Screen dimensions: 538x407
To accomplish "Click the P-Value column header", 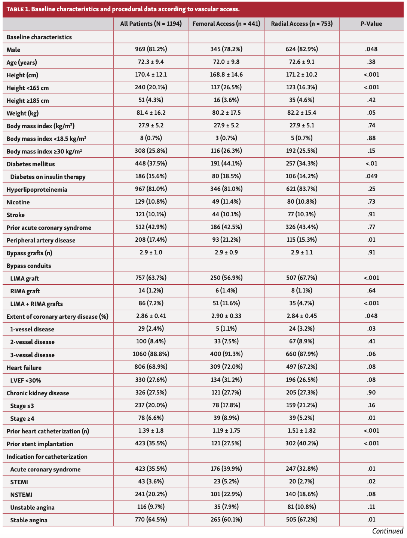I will [x=371, y=24].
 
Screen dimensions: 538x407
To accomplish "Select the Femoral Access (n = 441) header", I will [x=226, y=24].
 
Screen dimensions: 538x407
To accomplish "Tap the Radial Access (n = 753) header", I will [x=302, y=24].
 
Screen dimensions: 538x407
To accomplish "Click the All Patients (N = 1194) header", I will [x=151, y=24].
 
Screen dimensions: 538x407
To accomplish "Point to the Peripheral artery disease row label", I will [x=41, y=240].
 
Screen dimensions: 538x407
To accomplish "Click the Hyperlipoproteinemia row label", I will [x=37, y=189].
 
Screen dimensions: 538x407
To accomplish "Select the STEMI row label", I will [x=19, y=482].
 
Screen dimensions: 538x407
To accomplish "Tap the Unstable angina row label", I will [x=32, y=507].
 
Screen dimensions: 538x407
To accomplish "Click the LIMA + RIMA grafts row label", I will [x=37, y=304].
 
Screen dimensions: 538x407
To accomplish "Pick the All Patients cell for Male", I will [x=151, y=49].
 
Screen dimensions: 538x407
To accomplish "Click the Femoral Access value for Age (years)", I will [x=226, y=62].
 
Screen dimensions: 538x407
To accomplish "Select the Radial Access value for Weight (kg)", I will [x=302, y=113].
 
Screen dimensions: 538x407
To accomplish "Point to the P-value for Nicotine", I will [x=371, y=202].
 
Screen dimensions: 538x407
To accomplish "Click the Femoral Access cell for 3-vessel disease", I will [x=226, y=354].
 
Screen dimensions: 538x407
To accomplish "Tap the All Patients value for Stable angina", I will [x=151, y=519].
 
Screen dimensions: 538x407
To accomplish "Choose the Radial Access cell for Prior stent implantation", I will [x=302, y=443].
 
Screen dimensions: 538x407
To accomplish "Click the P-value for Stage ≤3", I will [x=371, y=405].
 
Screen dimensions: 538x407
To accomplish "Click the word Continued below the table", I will [x=388, y=531].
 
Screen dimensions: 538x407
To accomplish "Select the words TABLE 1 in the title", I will [x=18, y=9].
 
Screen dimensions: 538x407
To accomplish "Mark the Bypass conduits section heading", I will [x=29, y=266].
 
